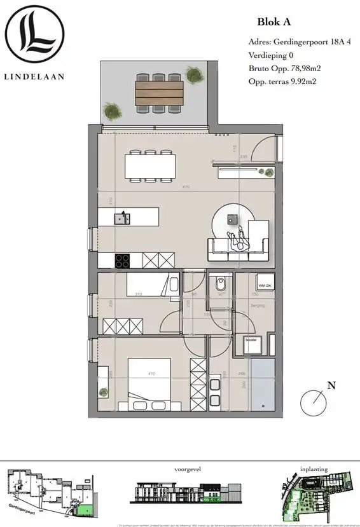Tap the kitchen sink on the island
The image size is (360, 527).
point(121,218)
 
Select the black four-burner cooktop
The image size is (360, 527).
point(123,261)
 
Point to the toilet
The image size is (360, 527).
point(219,283)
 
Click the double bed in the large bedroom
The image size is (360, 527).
point(149,385)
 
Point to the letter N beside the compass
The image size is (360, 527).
point(331,385)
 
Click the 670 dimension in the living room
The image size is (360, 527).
point(186,186)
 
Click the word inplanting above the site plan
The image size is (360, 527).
point(314,469)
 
